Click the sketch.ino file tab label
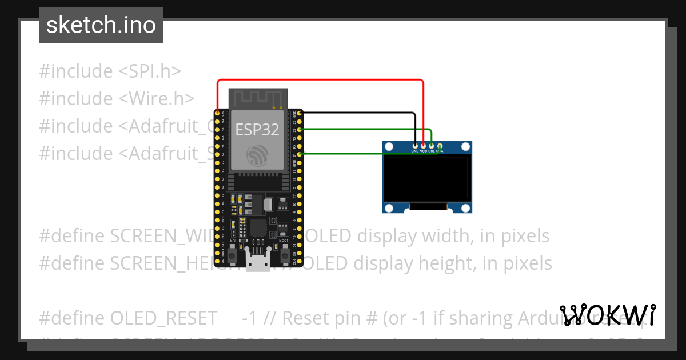(x=101, y=25)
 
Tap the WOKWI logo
(x=608, y=315)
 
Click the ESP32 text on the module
(x=257, y=130)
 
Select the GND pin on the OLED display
(x=415, y=146)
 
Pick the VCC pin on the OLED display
(x=423, y=146)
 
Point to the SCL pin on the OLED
(x=431, y=146)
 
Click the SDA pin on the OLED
(x=439, y=146)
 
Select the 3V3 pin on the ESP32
(x=217, y=114)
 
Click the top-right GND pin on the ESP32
(x=299, y=114)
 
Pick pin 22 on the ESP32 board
(x=299, y=130)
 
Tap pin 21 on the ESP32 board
(x=299, y=154)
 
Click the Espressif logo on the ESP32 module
(x=257, y=155)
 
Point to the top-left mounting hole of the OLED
(x=389, y=147)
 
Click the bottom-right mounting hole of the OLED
(x=466, y=207)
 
